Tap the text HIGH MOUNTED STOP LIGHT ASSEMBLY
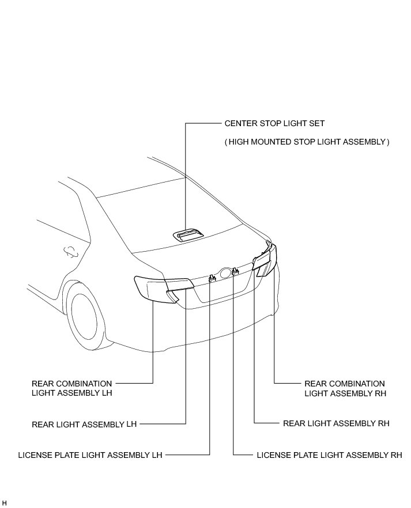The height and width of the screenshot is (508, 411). pyautogui.click(x=307, y=142)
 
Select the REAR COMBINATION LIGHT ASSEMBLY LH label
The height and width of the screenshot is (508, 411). pyautogui.click(x=72, y=388)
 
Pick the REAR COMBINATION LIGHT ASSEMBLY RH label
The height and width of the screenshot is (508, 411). pyautogui.click(x=344, y=388)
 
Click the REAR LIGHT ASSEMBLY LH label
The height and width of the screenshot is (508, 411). pyautogui.click(x=84, y=424)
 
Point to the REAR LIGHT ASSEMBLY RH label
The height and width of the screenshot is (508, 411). pyautogui.click(x=336, y=423)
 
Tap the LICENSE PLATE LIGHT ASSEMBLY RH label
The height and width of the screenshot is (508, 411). pyautogui.click(x=329, y=455)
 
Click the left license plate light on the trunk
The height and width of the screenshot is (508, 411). pyautogui.click(x=212, y=278)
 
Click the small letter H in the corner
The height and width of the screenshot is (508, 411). pyautogui.click(x=5, y=503)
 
